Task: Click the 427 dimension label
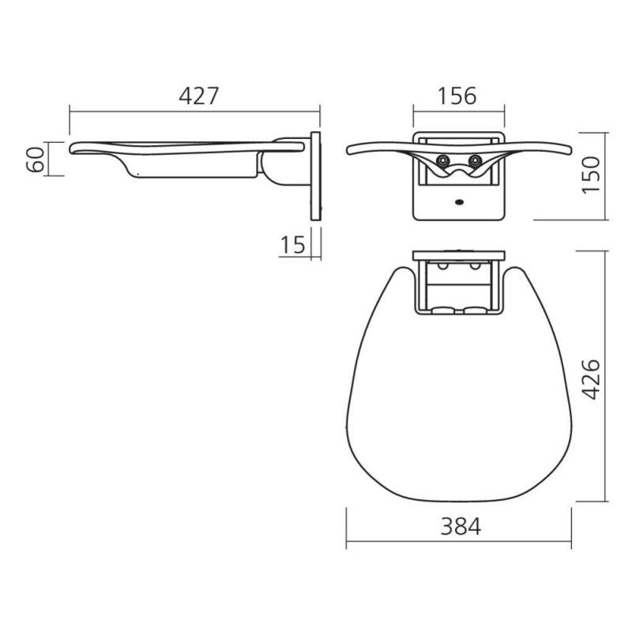click(198, 96)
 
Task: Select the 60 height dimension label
click(36, 160)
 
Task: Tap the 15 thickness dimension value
click(292, 245)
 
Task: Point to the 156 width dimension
click(457, 96)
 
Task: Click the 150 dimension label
click(592, 175)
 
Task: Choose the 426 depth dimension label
click(592, 379)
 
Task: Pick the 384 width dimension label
click(461, 526)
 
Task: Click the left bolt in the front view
click(443, 160)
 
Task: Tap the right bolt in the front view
click(476, 160)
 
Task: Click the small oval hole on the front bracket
click(459, 202)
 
